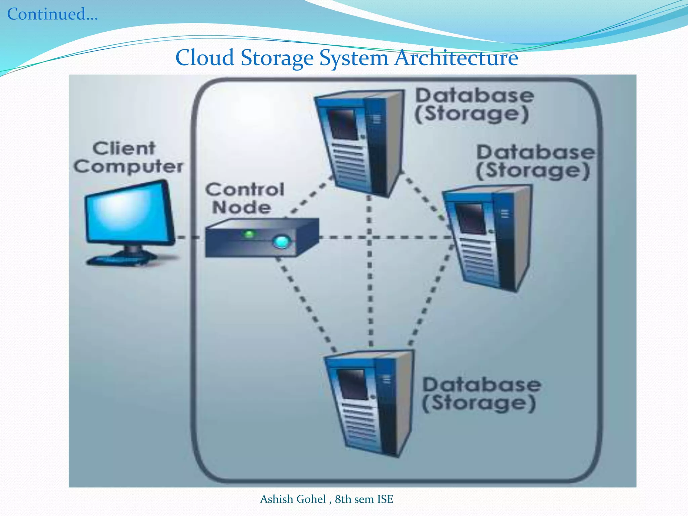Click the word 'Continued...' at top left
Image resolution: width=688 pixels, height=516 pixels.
point(52,14)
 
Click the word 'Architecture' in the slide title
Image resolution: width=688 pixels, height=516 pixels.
point(456,58)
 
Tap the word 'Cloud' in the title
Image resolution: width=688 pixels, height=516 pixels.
point(205,58)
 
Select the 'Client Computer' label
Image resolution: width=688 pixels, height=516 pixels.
point(128,157)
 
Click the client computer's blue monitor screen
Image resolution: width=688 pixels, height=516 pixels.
point(128,212)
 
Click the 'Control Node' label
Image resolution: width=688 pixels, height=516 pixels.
point(244,198)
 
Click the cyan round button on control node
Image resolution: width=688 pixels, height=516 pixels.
point(281,242)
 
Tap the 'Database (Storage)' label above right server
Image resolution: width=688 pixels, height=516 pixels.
point(534,162)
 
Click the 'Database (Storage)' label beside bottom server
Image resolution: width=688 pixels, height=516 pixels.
point(480,394)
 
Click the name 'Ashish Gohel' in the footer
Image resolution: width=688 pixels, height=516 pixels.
point(293,499)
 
